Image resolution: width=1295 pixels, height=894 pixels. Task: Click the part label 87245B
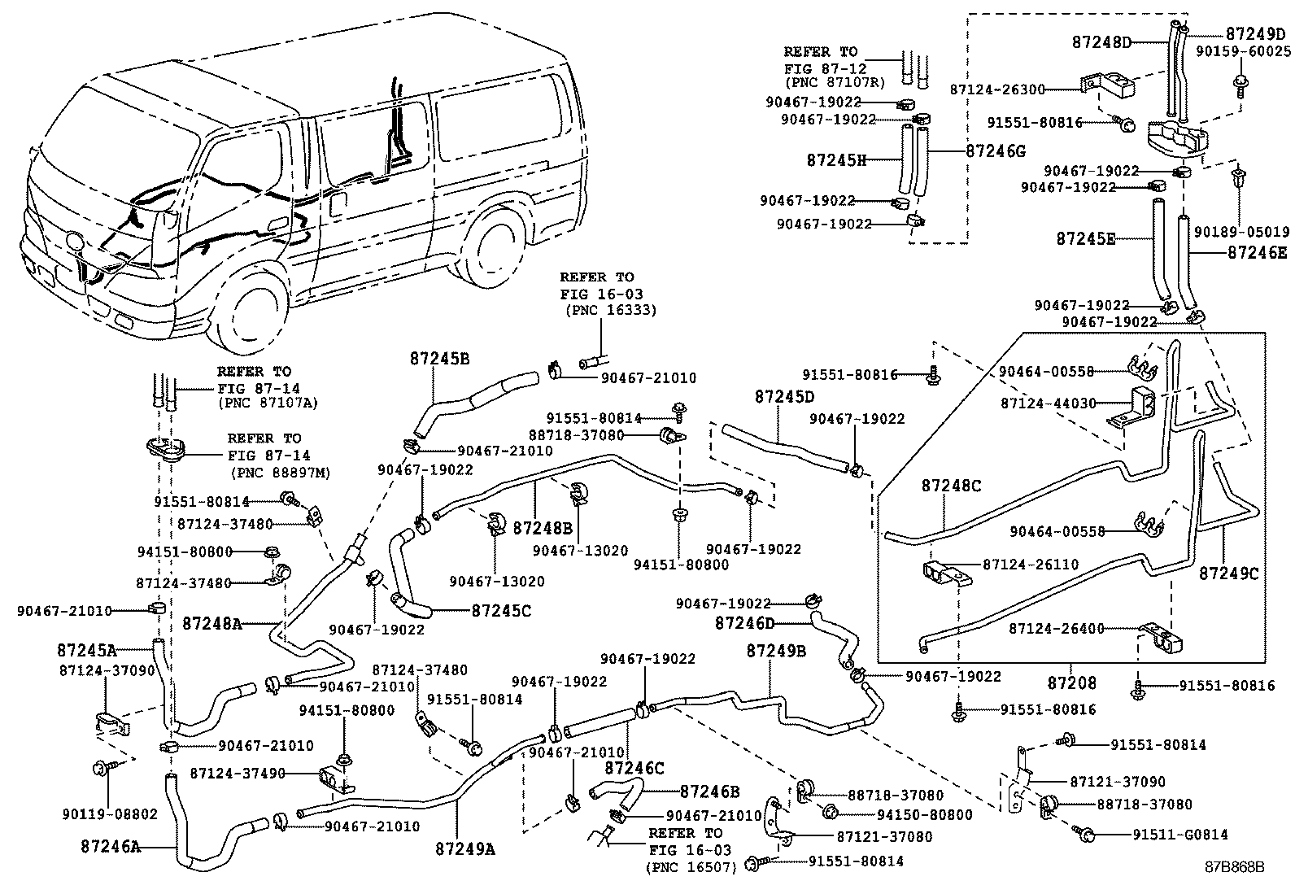[439, 359]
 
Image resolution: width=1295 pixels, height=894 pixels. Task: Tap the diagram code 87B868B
[1236, 866]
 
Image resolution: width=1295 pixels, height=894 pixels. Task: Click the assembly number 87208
[1071, 682]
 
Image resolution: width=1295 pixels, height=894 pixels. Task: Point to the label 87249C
[1228, 573]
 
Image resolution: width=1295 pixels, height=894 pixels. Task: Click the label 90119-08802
[110, 813]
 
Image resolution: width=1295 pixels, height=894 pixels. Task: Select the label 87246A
[111, 847]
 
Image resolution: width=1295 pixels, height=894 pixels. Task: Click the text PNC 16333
[609, 310]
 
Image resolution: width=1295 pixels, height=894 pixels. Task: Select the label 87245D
[784, 397]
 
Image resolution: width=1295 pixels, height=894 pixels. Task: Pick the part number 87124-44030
[1049, 403]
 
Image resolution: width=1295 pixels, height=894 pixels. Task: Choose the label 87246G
[996, 151]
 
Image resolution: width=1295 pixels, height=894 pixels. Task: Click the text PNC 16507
[691, 868]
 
